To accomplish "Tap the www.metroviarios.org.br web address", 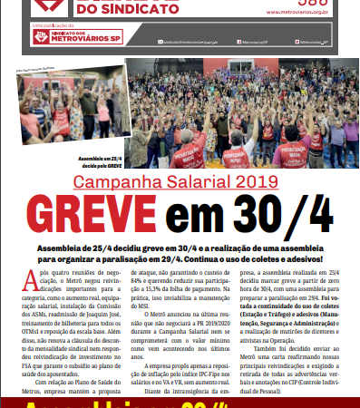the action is tap(305, 14).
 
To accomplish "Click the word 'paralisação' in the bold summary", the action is tap(119, 259).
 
